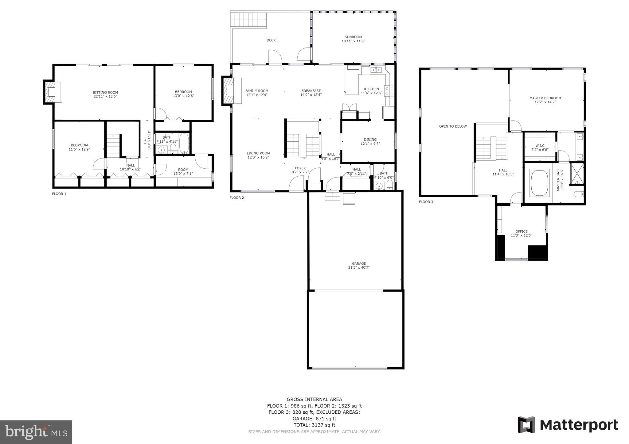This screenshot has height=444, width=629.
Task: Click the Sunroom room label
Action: point(353,37)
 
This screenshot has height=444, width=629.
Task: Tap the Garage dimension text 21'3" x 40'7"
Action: point(359,267)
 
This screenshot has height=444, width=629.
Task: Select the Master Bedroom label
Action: point(545,98)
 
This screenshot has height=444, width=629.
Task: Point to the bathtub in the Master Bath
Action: point(539,183)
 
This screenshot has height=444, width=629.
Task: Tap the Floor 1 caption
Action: point(59,194)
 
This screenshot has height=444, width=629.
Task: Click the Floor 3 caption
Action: point(426,202)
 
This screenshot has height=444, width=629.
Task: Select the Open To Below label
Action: point(453,126)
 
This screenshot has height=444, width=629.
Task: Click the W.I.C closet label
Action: point(540,146)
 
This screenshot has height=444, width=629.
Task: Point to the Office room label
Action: point(522,232)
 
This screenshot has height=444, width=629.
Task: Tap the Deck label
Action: point(271,40)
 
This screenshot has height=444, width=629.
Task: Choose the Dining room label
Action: point(370,140)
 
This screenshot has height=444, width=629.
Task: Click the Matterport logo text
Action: point(579,425)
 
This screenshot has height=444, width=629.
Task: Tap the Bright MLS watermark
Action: point(36,432)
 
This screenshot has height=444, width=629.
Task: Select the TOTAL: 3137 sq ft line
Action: point(314,425)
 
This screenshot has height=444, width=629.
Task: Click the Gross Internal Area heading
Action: point(314,399)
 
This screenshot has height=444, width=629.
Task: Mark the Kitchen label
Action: point(371,89)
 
